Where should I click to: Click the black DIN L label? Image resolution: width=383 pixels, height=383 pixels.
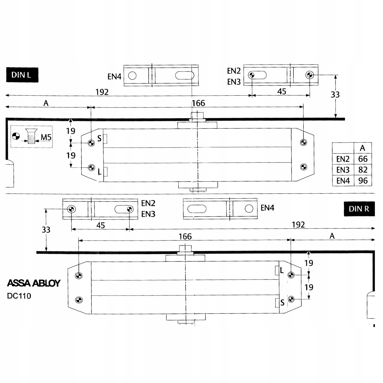click(x=22, y=75)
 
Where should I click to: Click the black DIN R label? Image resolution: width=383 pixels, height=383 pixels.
click(x=359, y=209)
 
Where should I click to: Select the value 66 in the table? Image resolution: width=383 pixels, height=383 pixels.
click(x=363, y=159)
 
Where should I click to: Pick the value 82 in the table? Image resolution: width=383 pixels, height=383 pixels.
click(x=363, y=170)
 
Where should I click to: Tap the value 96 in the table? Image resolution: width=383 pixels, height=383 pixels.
click(x=363, y=181)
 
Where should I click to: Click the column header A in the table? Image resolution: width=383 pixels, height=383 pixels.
click(x=362, y=148)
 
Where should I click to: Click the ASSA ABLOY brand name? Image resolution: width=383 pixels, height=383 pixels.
click(x=34, y=283)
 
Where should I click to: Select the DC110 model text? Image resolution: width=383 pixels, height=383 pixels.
click(x=19, y=296)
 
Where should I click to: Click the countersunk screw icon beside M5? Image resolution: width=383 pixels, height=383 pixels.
click(x=31, y=137)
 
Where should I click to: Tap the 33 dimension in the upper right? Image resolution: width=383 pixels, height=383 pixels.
click(x=335, y=95)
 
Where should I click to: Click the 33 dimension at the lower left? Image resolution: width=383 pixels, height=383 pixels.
click(x=46, y=229)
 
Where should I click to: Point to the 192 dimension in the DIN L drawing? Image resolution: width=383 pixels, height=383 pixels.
click(x=102, y=92)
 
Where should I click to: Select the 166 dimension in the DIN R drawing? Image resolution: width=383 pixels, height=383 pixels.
click(x=185, y=236)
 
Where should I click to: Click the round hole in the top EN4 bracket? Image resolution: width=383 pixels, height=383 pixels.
click(x=132, y=76)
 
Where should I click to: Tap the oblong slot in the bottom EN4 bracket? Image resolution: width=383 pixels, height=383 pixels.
click(x=195, y=209)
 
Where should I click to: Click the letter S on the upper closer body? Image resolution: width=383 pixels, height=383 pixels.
click(x=100, y=139)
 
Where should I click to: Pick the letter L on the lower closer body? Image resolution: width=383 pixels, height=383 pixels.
click(x=282, y=271)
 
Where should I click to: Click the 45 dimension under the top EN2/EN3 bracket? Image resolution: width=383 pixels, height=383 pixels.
click(x=282, y=91)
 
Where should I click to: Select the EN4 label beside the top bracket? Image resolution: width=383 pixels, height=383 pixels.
click(x=115, y=76)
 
